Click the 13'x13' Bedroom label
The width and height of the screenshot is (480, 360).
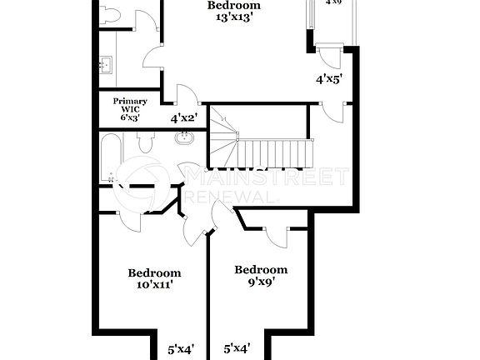pos(233,5)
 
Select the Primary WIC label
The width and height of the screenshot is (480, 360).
pos(130,105)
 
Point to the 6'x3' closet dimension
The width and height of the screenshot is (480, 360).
pos(130,118)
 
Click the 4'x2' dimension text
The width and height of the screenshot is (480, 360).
pos(184,118)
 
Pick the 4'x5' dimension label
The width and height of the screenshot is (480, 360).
pos(329,80)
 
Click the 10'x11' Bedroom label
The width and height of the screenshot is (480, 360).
pos(154,272)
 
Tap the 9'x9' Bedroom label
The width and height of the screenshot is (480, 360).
pos(261,269)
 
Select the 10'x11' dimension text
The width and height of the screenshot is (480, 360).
pos(154,285)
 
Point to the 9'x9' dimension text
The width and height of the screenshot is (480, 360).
pos(261,282)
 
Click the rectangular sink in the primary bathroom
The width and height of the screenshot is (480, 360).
pos(107,64)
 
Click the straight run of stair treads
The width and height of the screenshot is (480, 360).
pos(275,152)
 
